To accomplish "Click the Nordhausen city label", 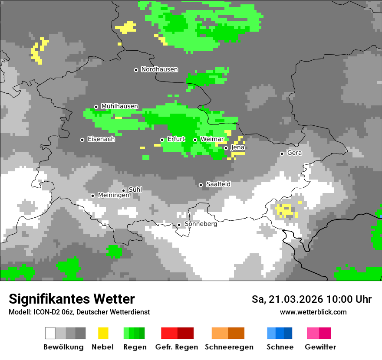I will click(x=159, y=69).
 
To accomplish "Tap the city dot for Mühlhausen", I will click(x=96, y=107).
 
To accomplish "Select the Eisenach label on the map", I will click(x=101, y=139).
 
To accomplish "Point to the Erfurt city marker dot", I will click(x=162, y=140).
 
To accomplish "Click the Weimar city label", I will click(x=212, y=139).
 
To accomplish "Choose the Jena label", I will click(x=238, y=147).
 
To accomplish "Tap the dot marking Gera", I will click(x=282, y=154).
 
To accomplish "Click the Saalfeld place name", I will click(x=218, y=184).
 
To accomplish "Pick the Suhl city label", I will click(x=135, y=190).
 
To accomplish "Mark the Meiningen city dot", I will click(x=92, y=196).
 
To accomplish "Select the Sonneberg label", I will click(x=201, y=224).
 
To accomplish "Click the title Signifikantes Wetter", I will click(x=72, y=299).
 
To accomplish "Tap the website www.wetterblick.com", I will click(x=313, y=312).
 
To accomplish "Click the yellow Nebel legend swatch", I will click(x=103, y=333).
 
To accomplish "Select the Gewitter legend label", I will click(x=320, y=347).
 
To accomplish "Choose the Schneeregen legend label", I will click(x=229, y=347).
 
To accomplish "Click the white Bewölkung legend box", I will click(x=50, y=333).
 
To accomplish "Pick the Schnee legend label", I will click(x=280, y=347).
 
